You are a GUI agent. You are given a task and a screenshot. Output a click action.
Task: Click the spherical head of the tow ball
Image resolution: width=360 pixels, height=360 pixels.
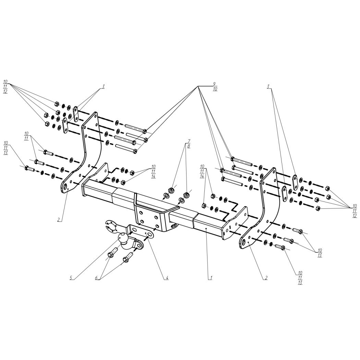[123, 238]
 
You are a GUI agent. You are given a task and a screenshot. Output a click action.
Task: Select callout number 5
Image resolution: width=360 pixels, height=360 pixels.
[71, 278]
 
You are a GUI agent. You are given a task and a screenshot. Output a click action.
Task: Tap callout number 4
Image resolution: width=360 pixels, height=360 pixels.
[167, 278]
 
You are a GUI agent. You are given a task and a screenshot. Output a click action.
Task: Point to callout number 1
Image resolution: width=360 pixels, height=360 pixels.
[211, 278]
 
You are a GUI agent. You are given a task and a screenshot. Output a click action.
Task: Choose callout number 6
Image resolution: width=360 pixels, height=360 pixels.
[97, 278]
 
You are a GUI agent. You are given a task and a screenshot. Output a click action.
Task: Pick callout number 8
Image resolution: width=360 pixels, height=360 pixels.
[189, 146]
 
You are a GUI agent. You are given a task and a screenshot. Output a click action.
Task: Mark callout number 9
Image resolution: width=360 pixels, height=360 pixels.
[214, 84]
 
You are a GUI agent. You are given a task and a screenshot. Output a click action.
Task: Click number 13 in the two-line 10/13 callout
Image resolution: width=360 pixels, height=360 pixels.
[320, 255]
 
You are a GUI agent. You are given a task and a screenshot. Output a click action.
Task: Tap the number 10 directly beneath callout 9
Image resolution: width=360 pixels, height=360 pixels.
[215, 89]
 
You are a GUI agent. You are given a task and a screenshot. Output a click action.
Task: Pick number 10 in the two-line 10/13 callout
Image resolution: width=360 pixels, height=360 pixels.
[320, 250]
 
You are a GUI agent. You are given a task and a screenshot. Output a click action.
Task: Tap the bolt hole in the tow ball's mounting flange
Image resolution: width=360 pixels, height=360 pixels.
[140, 245]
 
